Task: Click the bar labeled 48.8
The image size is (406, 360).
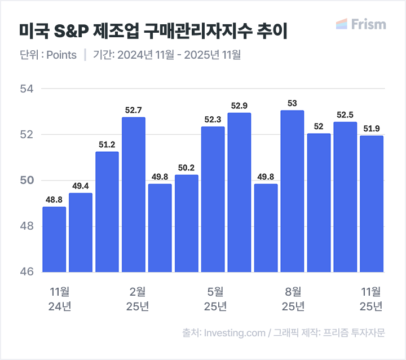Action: tap(54, 239)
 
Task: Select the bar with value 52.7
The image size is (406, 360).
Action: tap(134, 195)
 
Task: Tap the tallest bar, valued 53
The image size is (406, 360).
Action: tap(292, 191)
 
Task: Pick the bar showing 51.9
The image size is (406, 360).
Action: tap(372, 204)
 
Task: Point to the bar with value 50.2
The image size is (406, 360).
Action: tap(187, 223)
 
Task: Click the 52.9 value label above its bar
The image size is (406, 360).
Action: tap(239, 106)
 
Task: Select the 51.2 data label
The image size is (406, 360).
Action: tap(107, 144)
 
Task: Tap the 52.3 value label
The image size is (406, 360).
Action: tap(213, 119)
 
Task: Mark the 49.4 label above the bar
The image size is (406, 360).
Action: tap(81, 186)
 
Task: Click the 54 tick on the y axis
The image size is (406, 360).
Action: tap(27, 89)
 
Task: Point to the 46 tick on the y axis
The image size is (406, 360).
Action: tap(27, 272)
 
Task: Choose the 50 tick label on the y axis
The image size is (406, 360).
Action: tap(27, 181)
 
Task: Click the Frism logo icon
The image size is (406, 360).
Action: tap(341, 24)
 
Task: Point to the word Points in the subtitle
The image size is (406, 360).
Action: tap(61, 55)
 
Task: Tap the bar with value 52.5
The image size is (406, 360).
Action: tap(345, 197)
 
